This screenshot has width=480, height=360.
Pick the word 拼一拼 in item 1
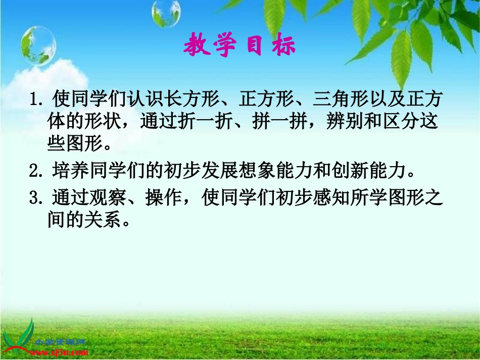[282, 122]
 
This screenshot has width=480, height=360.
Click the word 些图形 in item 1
[75, 144]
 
